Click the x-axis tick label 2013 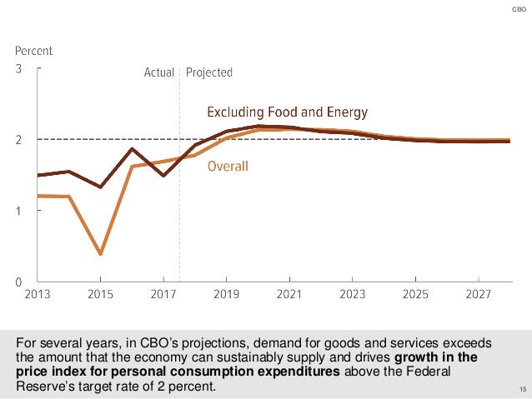(37, 294)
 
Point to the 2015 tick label (100, 294)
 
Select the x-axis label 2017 (163, 294)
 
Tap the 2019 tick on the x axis (227, 294)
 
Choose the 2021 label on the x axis (289, 294)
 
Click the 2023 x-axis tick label (353, 294)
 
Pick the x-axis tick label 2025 (416, 294)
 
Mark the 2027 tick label (479, 294)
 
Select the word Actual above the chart (159, 72)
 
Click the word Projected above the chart (209, 72)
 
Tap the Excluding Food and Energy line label (287, 112)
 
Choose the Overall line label (228, 166)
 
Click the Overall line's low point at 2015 (100, 253)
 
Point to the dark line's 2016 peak (132, 149)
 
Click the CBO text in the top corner (517, 9)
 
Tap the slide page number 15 (522, 390)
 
